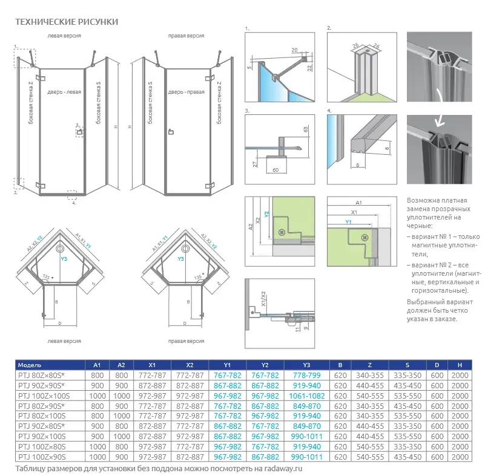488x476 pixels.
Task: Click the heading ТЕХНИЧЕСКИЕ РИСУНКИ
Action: [66, 22]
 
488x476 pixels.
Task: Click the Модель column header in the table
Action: [30, 365]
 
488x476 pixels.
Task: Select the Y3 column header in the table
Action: [306, 365]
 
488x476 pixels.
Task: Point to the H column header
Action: [460, 365]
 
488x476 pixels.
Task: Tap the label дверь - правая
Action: [186, 92]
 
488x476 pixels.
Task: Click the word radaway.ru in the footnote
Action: [284, 468]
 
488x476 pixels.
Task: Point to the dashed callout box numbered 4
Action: [72, 194]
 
